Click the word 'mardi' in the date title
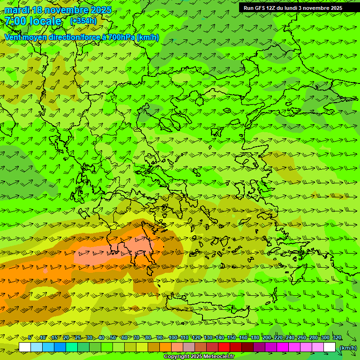[x=17, y=10]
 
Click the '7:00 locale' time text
[x=33, y=21]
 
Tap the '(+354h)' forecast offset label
[x=83, y=21]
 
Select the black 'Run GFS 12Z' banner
[x=299, y=7]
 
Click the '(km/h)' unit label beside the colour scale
[x=348, y=348]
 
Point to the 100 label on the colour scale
[x=173, y=338]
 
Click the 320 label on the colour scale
[x=337, y=338]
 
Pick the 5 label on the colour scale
[x=30, y=338]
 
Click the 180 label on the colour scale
[x=255, y=338]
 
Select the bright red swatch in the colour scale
[x=224, y=347]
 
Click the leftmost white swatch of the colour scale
[x=25, y=347]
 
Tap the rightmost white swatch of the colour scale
[x=330, y=347]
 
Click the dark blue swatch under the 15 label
[x=60, y=347]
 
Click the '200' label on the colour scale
[x=266, y=338]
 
